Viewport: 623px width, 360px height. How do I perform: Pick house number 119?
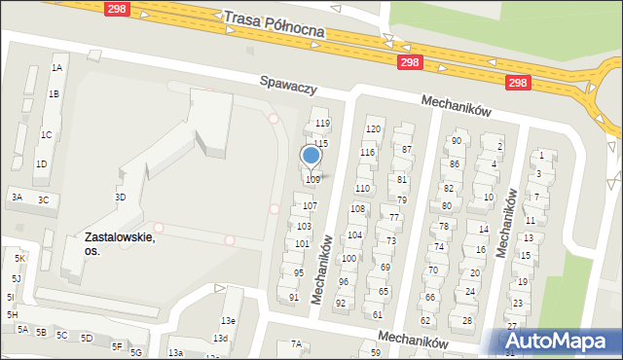322,124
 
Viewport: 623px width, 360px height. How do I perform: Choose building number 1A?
56,68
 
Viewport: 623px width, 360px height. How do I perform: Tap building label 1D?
41,163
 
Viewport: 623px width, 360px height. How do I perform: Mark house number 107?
310,206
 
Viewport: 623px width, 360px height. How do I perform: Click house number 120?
372,129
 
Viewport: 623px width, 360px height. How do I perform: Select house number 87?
407,150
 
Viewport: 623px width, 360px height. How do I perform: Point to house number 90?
456,141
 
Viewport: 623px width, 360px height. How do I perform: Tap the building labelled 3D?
121,197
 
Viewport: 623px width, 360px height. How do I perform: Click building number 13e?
228,321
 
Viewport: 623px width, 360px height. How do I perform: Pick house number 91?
294,297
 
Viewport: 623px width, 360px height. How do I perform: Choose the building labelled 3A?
17,197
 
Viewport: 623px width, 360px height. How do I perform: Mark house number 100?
348,258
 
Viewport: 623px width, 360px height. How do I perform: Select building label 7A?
296,344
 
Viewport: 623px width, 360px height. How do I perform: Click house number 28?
467,320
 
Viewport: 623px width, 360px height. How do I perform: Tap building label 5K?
19,258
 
